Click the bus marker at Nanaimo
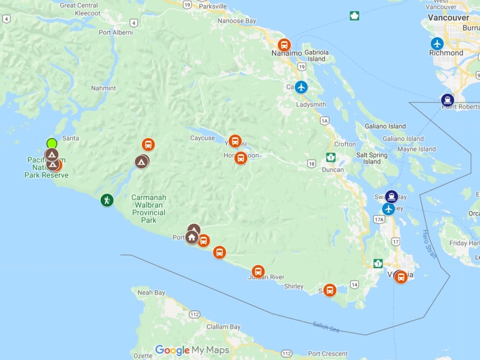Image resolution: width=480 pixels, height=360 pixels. [x=284, y=45]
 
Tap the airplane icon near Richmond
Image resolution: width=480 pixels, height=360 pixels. [x=437, y=43]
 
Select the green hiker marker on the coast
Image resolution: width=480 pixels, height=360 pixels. [x=107, y=200]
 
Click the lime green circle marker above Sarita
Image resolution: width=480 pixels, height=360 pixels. [x=52, y=143]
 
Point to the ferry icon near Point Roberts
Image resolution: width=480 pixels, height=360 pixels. [x=447, y=100]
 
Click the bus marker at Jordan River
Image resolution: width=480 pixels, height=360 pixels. [x=258, y=272]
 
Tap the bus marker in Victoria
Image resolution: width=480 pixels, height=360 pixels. [x=401, y=277]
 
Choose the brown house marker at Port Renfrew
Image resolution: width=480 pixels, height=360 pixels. [x=192, y=237]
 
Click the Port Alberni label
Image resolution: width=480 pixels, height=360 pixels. [x=116, y=33]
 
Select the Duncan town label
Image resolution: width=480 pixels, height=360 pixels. [x=333, y=170]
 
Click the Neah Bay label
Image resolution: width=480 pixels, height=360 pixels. [x=151, y=293]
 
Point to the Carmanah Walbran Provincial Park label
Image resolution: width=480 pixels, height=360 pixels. [x=149, y=209]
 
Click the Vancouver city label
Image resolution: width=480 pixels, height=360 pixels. [x=448, y=18]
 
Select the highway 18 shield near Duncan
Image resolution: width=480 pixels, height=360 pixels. [x=311, y=163]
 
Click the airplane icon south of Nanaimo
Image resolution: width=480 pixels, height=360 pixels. [x=301, y=87]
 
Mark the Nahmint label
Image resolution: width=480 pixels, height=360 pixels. [x=103, y=88]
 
